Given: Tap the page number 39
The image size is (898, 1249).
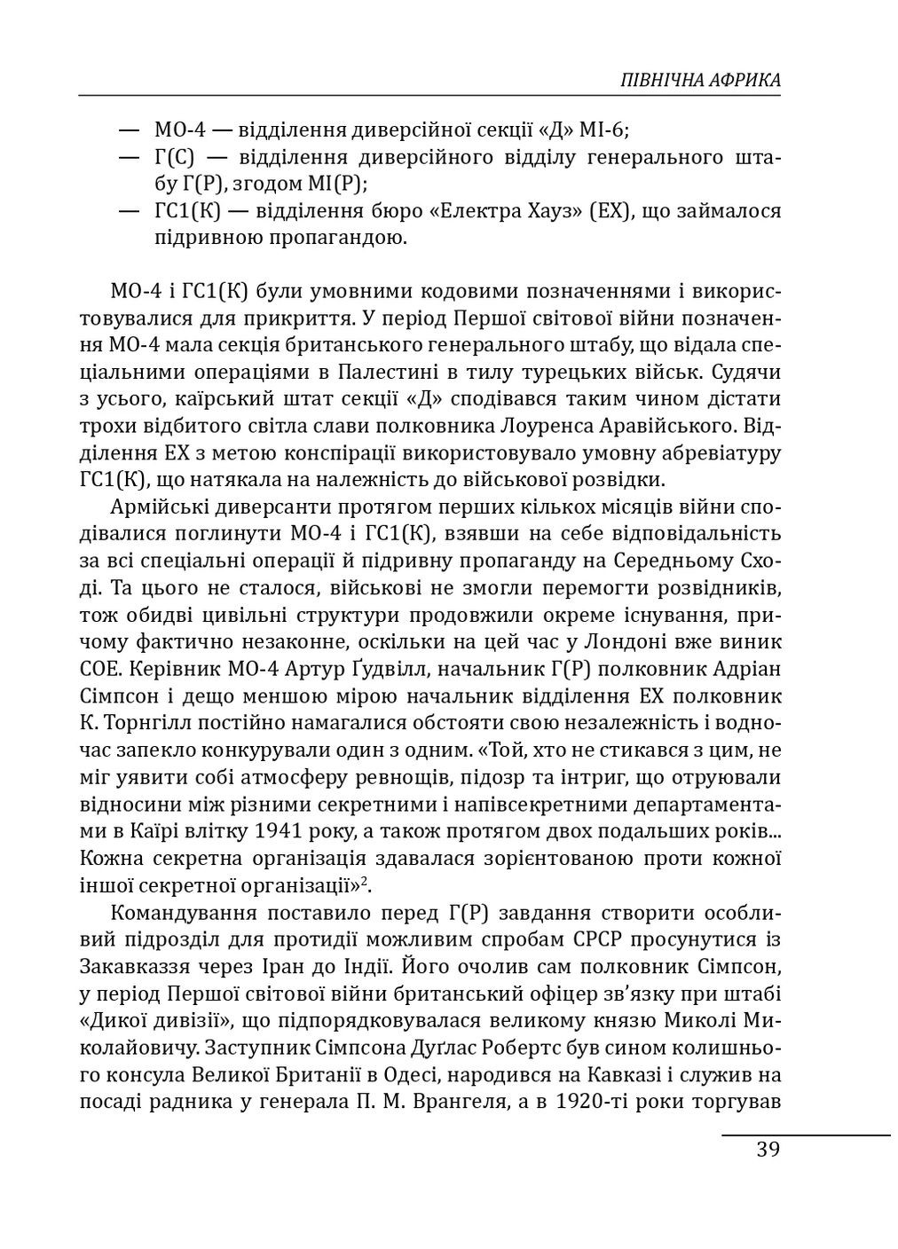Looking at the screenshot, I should click(768, 1150).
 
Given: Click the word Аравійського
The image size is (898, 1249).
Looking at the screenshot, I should click(672, 426).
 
